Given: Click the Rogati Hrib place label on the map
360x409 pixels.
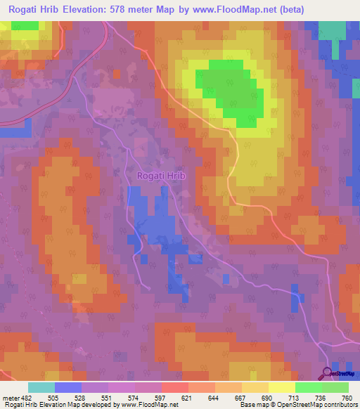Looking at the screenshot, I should coord(161,176).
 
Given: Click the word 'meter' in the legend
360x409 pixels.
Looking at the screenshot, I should coord(12,398).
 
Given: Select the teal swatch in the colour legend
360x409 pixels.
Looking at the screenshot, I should coord(41,387).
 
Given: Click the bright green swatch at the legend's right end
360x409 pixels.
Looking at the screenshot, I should coord(335,387).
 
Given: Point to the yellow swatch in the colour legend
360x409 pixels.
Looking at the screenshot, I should coord(281,387).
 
